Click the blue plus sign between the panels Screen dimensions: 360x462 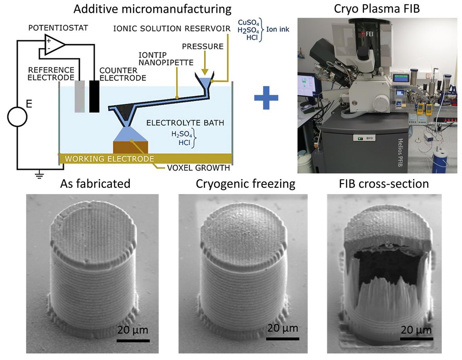(266, 97)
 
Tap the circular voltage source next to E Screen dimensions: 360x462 (17, 117)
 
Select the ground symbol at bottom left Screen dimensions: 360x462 (40, 173)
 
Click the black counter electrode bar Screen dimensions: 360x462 (94, 96)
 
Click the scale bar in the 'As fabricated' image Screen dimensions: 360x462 (133, 340)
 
